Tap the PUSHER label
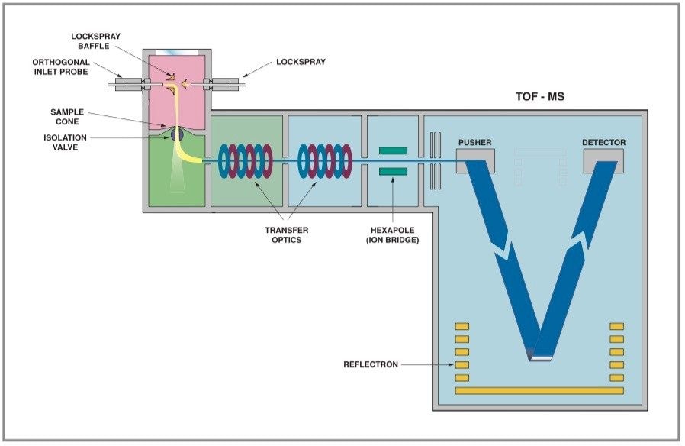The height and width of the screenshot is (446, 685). [x=474, y=143]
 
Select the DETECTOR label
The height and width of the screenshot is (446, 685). [x=603, y=143]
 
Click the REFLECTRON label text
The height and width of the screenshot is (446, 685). [x=371, y=364]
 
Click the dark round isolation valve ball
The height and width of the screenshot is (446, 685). [x=177, y=134]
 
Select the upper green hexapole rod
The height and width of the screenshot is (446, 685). [x=393, y=150]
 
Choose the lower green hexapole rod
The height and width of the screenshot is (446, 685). [x=393, y=171]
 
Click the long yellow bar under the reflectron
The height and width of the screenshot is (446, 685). [x=539, y=391]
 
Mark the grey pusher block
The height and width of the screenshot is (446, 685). [x=475, y=159]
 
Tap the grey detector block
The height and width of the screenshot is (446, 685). [x=603, y=159]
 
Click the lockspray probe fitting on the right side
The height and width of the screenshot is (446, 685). [x=226, y=85]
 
